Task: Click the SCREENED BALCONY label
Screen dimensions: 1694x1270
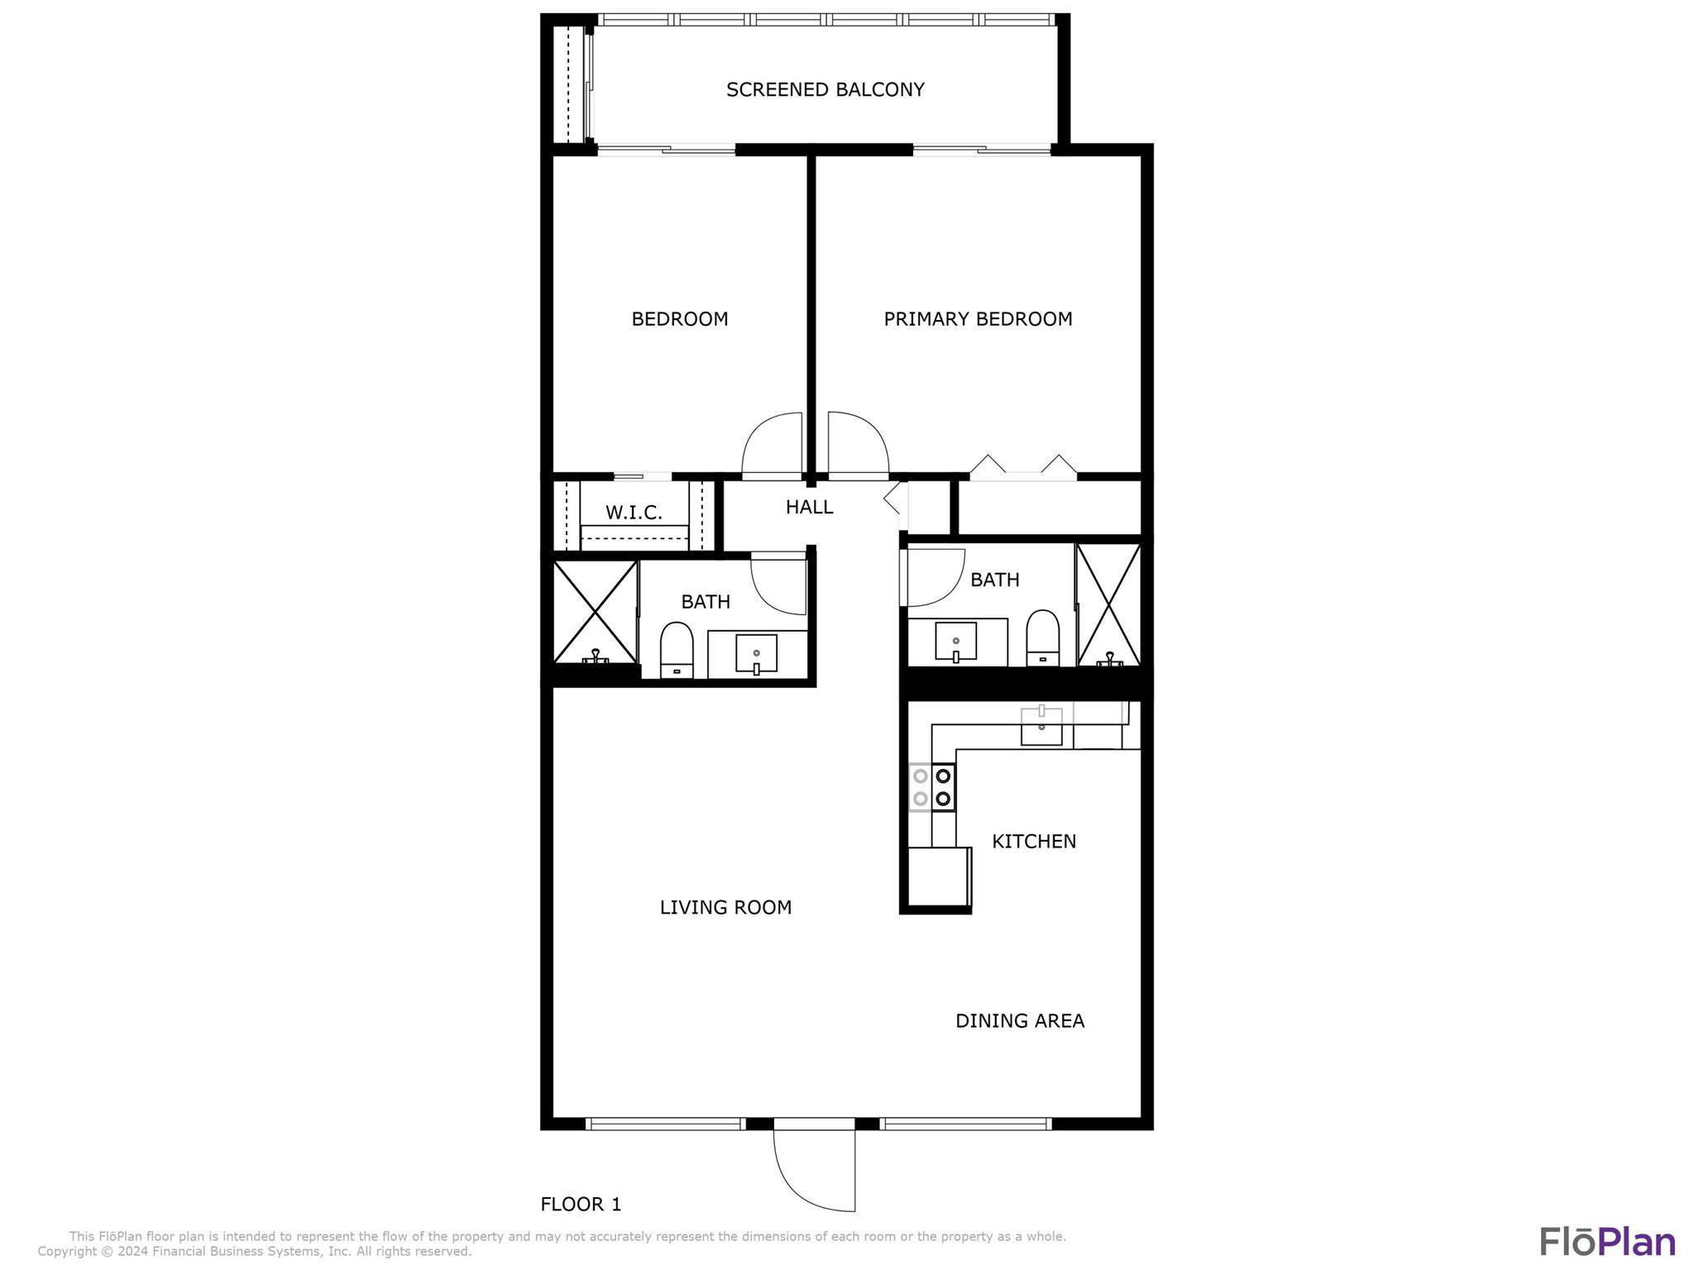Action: (825, 89)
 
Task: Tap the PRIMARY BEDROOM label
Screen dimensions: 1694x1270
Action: (978, 319)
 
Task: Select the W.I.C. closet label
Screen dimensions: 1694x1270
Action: (634, 513)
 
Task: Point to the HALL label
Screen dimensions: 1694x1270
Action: (809, 507)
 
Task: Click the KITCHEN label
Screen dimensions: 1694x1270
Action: (1034, 842)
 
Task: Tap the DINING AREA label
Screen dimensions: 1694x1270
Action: (1020, 1021)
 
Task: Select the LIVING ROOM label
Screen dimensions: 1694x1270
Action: (725, 908)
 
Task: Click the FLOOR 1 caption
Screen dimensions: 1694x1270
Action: (581, 1204)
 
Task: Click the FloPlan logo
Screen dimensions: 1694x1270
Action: (1607, 1241)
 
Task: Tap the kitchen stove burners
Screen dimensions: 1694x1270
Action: (932, 788)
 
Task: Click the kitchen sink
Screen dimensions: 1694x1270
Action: (1041, 726)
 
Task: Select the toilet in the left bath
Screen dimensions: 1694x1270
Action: (677, 651)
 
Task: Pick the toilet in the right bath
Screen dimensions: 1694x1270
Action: (1042, 637)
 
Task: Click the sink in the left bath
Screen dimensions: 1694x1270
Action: (756, 654)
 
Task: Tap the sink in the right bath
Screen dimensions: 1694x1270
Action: (955, 642)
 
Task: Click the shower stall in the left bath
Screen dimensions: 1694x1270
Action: (596, 612)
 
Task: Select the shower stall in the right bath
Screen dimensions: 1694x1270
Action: (1108, 604)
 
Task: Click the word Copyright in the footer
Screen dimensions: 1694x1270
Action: (69, 1252)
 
